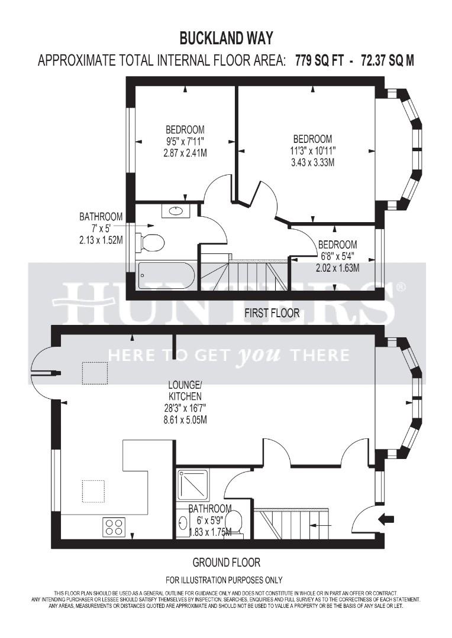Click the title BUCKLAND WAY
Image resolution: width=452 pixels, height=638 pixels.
tap(226, 38)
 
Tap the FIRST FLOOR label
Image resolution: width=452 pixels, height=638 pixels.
tap(272, 313)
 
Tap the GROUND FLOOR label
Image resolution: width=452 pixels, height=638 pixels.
tap(227, 562)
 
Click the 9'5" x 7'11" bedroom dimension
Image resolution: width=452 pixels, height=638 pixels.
tap(185, 141)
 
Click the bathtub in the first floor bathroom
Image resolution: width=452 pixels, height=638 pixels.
tap(166, 276)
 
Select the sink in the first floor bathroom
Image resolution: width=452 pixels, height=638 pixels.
tap(176, 210)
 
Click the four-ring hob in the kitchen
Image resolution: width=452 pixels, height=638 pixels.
tap(113, 526)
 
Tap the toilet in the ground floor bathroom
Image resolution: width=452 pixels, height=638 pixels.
tap(234, 522)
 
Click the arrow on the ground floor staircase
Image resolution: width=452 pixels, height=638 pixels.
tap(320, 525)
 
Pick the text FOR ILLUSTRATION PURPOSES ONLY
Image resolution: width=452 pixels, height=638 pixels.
tap(224, 580)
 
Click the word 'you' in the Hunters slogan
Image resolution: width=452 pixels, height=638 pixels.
tap(257, 355)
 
